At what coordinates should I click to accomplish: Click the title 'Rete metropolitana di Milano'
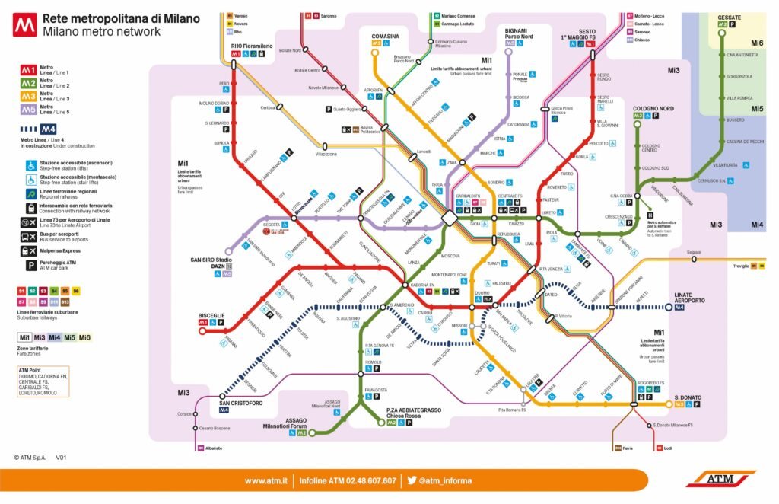pyautogui.click(x=121, y=18)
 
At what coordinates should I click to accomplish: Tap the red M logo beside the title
pyautogui.click(x=24, y=26)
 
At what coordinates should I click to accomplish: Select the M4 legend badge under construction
pyautogui.click(x=49, y=129)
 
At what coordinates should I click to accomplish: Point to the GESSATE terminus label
pyautogui.click(x=729, y=17)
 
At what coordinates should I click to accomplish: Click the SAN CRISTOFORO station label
pyautogui.click(x=241, y=402)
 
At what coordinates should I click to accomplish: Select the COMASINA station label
pyautogui.click(x=385, y=36)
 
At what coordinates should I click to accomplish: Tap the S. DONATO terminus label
pyautogui.click(x=687, y=397)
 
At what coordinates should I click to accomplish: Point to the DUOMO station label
pyautogui.click(x=482, y=292)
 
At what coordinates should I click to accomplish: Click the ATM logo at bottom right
pyautogui.click(x=720, y=479)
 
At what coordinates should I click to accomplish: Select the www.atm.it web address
pyautogui.click(x=265, y=480)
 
